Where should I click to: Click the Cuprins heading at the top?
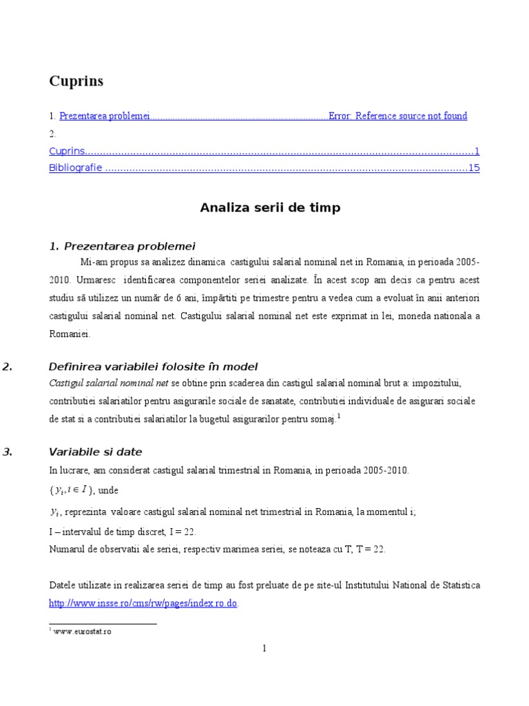click(x=76, y=81)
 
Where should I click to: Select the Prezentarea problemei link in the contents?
click(x=105, y=116)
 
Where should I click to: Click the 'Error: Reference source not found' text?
click(x=397, y=116)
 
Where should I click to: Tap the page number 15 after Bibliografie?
click(x=473, y=168)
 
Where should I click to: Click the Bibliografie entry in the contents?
click(x=76, y=168)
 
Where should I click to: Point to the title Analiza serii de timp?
click(x=270, y=208)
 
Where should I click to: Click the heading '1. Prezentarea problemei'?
click(x=123, y=246)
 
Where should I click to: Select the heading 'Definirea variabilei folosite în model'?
click(x=153, y=366)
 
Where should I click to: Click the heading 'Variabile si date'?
click(x=95, y=452)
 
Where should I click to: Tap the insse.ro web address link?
click(x=143, y=603)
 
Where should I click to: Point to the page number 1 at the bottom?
click(x=264, y=648)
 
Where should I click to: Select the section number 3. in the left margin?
click(x=8, y=452)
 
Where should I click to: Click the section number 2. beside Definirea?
click(x=8, y=366)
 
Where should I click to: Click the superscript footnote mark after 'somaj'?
click(x=339, y=416)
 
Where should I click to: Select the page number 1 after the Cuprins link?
click(x=477, y=151)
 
